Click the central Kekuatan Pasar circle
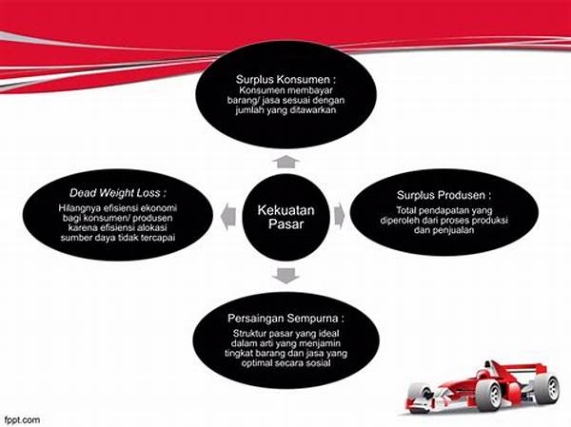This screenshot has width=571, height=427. (x=285, y=218)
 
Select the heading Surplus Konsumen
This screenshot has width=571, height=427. (x=285, y=79)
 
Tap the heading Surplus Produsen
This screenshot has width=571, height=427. (x=443, y=195)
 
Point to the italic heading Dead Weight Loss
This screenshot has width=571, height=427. (x=118, y=193)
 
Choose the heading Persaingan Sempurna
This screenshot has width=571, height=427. (x=285, y=319)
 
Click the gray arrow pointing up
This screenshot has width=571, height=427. (x=285, y=162)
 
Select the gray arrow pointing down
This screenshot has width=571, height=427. (x=285, y=276)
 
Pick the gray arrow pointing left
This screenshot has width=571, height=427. (x=228, y=218)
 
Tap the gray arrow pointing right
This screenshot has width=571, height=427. (x=340, y=216)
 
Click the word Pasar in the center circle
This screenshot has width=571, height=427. (x=285, y=224)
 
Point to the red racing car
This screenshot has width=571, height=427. (x=482, y=388)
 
